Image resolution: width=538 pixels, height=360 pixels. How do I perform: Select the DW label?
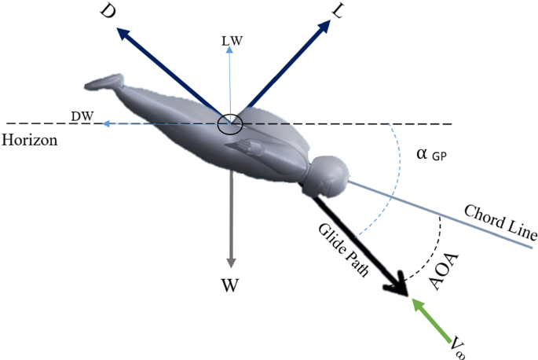[x=82, y=116]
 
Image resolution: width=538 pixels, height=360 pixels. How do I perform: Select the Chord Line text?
[x=500, y=222]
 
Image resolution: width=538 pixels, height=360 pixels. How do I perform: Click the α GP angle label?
[x=430, y=155]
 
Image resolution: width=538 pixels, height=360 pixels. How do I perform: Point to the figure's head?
[x=331, y=174]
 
